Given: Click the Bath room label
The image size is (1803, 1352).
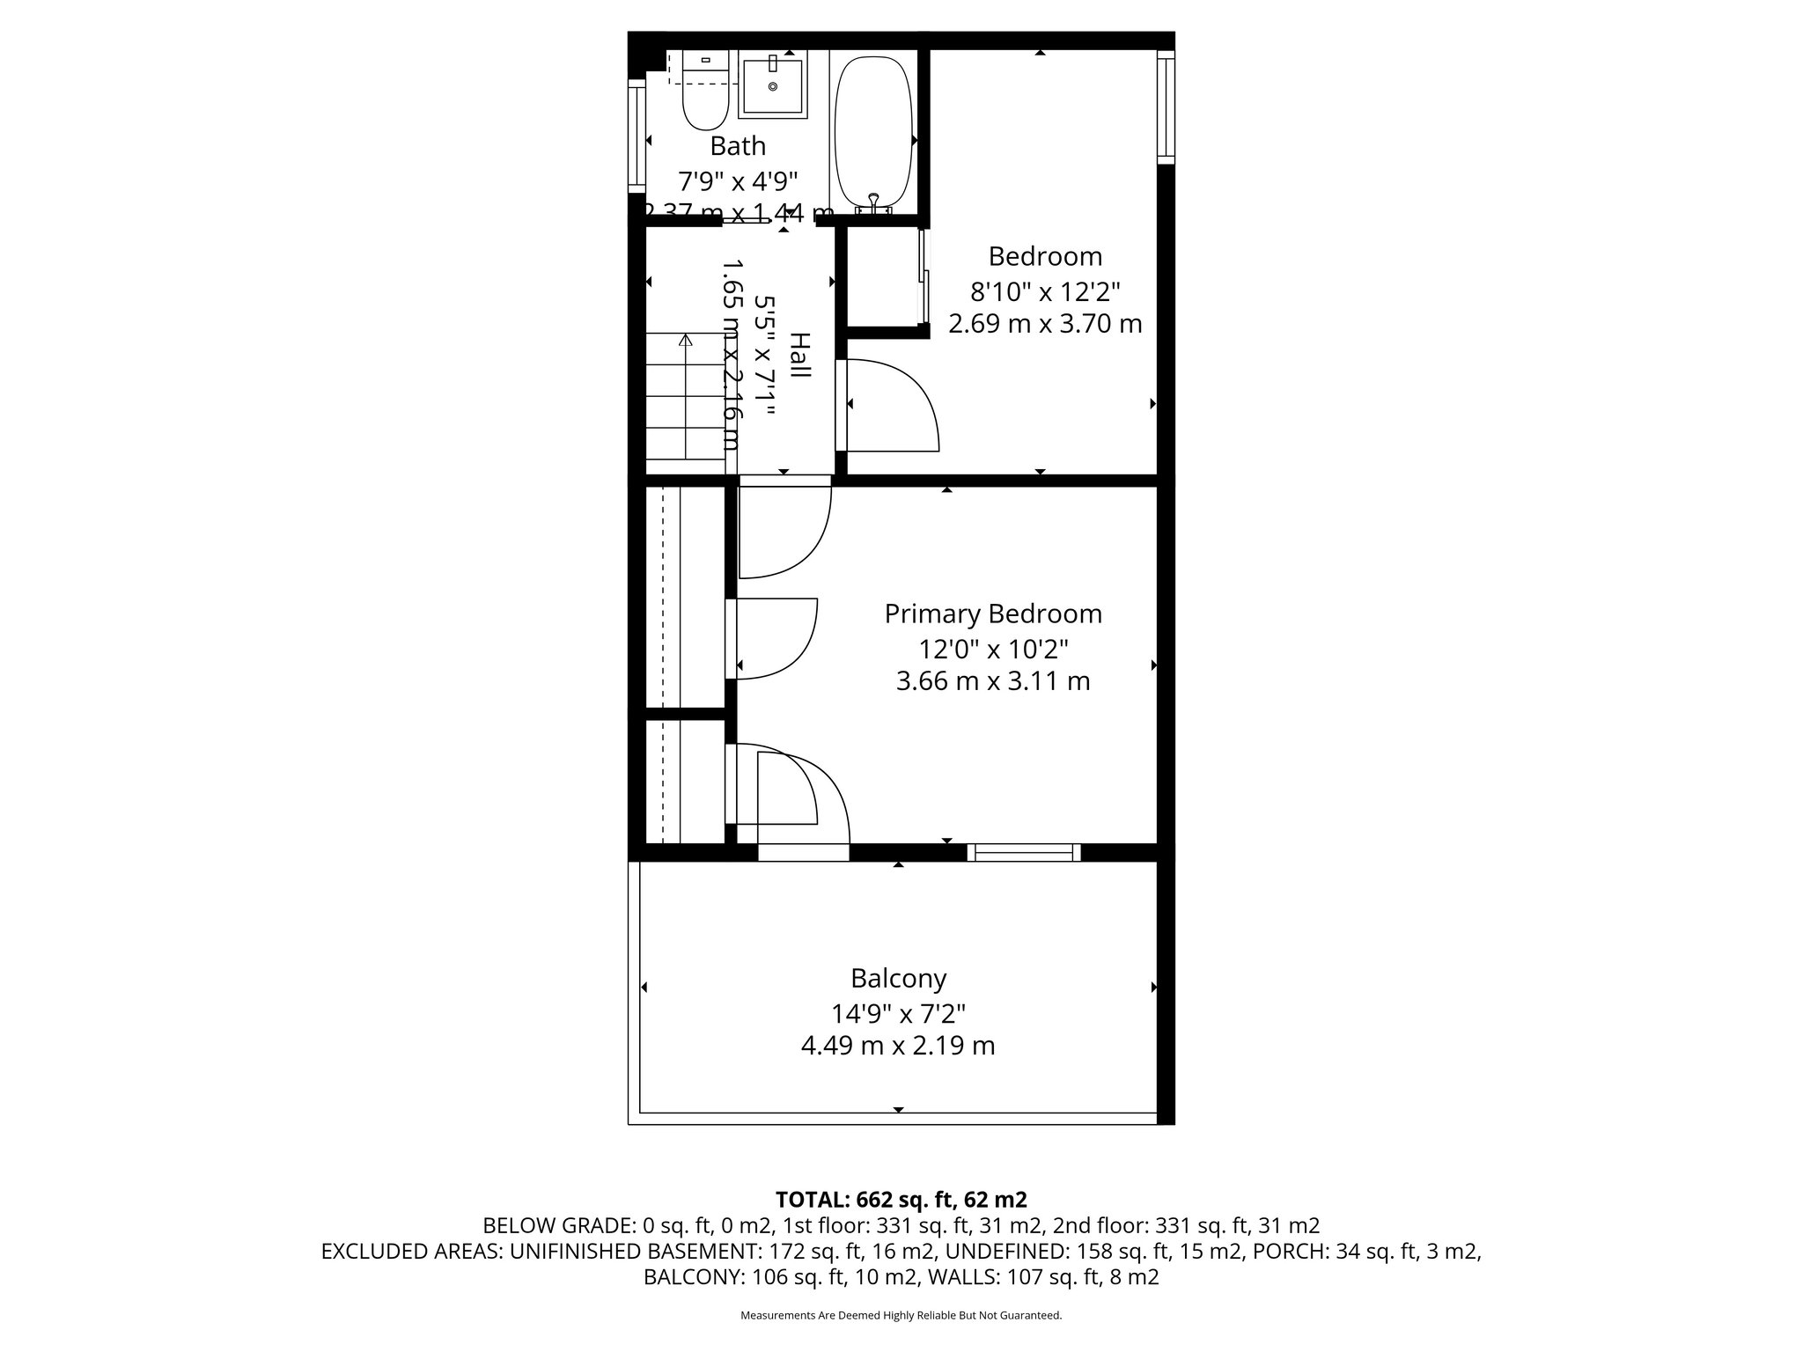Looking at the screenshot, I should pyautogui.click(x=738, y=146).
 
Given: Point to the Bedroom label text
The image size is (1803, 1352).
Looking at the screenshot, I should pyautogui.click(x=1045, y=257).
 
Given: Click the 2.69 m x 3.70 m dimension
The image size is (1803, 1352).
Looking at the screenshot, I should pyautogui.click(x=1045, y=324).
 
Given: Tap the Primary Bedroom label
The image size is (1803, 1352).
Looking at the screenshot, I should pyautogui.click(x=993, y=614).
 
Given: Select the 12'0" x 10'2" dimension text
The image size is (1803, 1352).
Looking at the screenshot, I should pyautogui.click(x=993, y=650).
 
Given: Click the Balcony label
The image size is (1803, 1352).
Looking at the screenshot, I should pyautogui.click(x=898, y=979).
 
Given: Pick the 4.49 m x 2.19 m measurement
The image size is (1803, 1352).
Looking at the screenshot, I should pyautogui.click(x=898, y=1047).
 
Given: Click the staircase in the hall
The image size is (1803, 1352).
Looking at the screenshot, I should pyautogui.click(x=685, y=405).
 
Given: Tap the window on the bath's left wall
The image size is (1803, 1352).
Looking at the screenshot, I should pyautogui.click(x=636, y=136).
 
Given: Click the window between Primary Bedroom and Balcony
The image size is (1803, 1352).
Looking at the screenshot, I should pyautogui.click(x=1024, y=851).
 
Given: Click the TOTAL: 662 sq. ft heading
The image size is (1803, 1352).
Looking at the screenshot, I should pyautogui.click(x=901, y=1200).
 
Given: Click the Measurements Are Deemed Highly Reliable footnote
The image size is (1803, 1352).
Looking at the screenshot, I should pyautogui.click(x=901, y=1316).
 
